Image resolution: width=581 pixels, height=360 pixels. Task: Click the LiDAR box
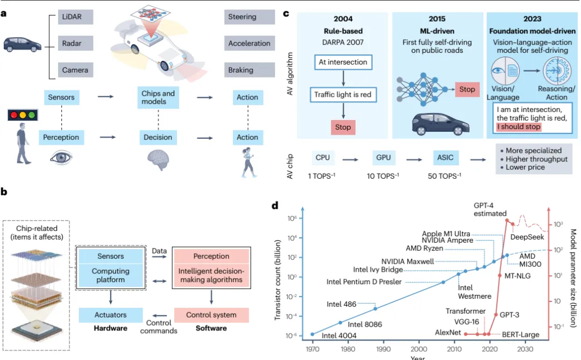[x=75, y=17]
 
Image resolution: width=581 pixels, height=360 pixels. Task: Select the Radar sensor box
[x=75, y=44]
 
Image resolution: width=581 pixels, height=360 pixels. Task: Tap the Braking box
[x=250, y=70]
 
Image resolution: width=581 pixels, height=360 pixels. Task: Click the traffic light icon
[x=23, y=115]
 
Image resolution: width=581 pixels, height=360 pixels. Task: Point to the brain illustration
[x=158, y=159]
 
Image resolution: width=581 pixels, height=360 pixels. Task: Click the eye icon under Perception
[x=61, y=158]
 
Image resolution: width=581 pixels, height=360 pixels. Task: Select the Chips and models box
[x=158, y=97]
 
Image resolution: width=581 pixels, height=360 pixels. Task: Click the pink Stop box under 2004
[x=343, y=127]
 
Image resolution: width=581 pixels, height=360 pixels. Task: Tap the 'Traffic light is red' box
[x=343, y=95]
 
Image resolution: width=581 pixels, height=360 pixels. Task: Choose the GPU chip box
[x=383, y=158]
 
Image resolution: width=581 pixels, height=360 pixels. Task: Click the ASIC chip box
[x=445, y=158]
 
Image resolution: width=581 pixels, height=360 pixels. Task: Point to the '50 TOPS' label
[x=445, y=176]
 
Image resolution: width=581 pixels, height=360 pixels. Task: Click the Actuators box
[x=110, y=315]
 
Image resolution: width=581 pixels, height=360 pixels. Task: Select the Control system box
[x=211, y=315]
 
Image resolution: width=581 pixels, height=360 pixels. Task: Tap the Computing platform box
[x=110, y=276]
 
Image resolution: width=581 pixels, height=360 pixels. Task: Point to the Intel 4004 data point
[x=313, y=334]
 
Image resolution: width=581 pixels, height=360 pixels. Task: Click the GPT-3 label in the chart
[x=509, y=315]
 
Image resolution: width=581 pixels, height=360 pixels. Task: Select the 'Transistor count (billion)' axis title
[x=278, y=280]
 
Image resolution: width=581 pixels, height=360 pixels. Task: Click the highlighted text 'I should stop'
[x=519, y=127]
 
